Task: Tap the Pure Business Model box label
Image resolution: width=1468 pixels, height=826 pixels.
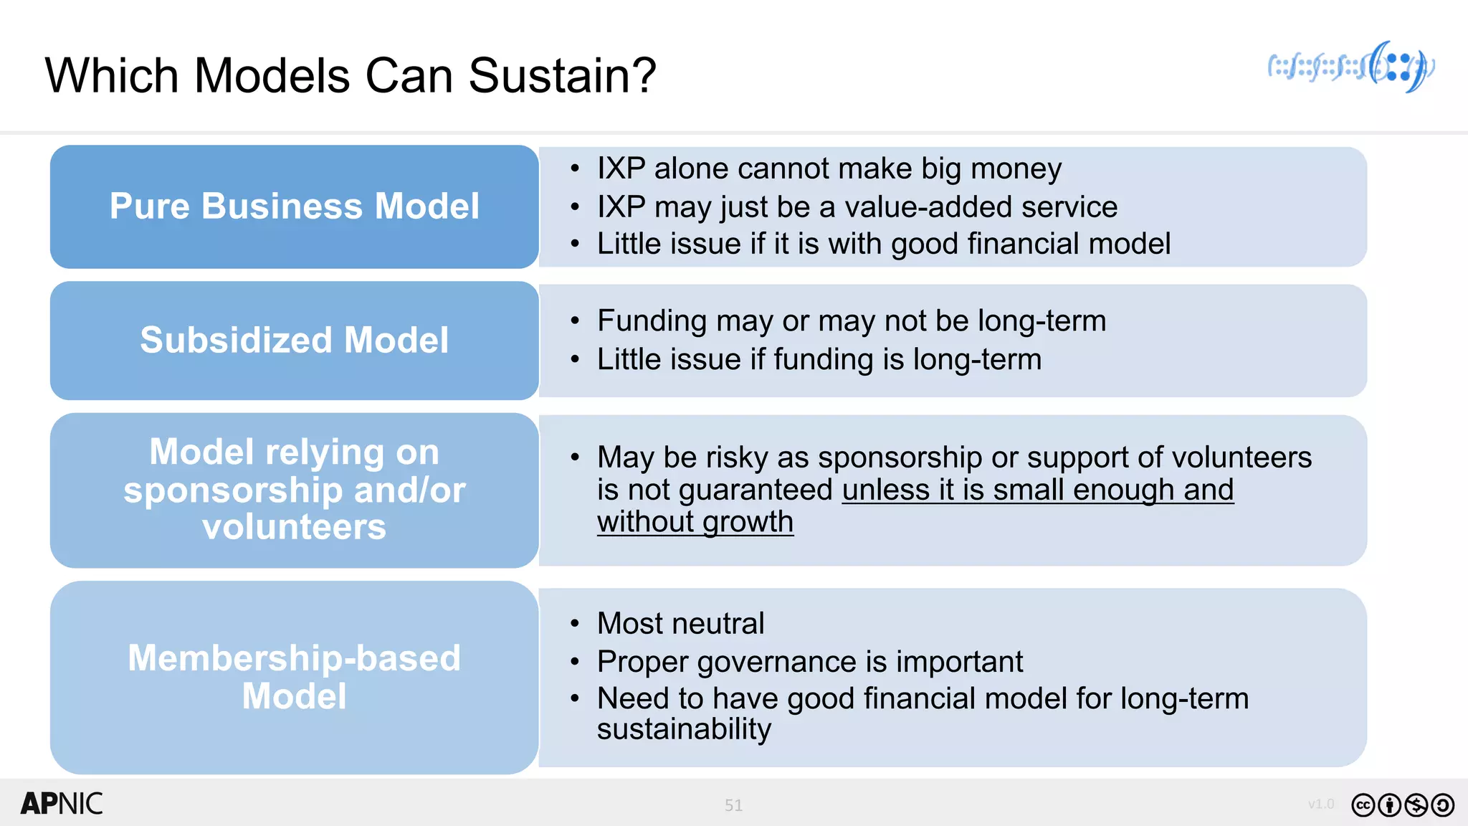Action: pos(294,206)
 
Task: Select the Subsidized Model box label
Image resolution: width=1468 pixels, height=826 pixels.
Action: pos(294,340)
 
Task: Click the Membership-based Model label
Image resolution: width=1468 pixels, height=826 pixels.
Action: pos(294,676)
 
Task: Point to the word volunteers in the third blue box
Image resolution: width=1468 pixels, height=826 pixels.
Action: pos(294,528)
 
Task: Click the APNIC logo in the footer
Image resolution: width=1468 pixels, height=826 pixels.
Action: pos(62,804)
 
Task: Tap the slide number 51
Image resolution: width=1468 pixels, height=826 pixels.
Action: pos(733,805)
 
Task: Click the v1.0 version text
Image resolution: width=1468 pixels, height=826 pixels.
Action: pos(1320,804)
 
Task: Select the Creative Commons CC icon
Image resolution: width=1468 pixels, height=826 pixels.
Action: pos(1363,805)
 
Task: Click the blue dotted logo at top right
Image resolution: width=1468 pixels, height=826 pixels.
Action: pos(1351,67)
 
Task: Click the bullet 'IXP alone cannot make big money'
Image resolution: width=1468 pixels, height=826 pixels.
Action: pos(829,169)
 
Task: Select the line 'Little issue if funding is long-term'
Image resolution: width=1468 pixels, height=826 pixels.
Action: pos(819,359)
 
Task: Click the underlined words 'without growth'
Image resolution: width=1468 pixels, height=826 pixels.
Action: pos(695,522)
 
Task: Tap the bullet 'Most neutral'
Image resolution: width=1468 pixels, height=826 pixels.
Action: pos(680,623)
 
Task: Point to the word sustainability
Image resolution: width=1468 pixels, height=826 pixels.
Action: pos(684,729)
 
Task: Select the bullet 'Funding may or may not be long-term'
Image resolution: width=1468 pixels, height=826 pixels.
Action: pos(851,321)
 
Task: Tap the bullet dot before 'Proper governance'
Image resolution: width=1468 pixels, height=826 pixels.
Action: pos(575,661)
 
